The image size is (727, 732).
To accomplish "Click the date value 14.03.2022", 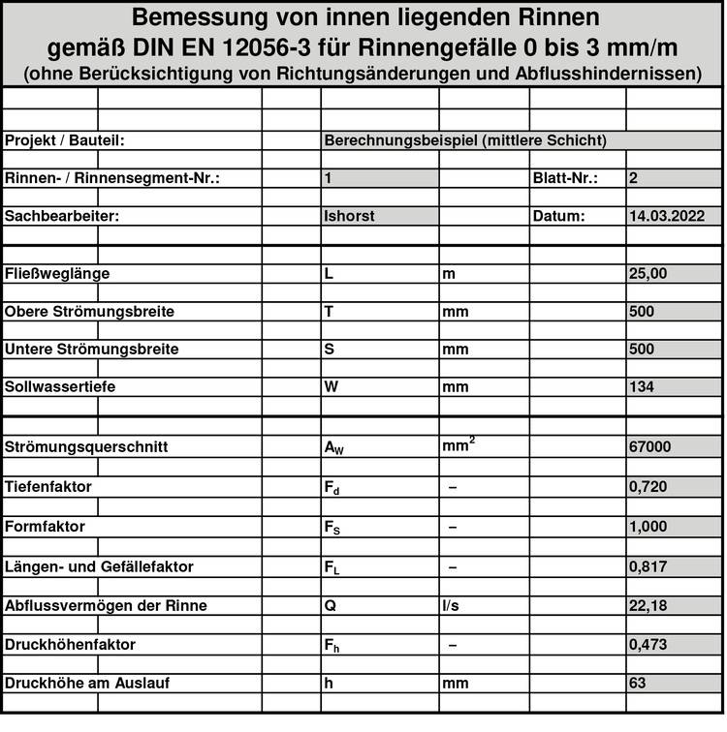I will tap(666, 216).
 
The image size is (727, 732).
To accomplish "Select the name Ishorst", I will tap(349, 216).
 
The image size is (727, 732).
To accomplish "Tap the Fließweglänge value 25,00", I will tap(648, 274).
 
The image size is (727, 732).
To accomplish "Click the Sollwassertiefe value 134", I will tap(642, 387).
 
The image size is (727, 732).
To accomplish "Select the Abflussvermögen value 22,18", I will tap(648, 606).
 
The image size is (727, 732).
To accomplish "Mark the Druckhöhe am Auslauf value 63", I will tap(638, 683).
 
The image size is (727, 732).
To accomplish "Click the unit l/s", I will tap(450, 606).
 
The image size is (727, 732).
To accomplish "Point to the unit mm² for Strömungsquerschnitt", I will tap(458, 445).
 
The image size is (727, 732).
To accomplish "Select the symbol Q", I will tap(330, 606).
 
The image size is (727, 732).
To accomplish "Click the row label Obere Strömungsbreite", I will tap(89, 313).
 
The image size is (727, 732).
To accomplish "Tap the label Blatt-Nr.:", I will tap(564, 178).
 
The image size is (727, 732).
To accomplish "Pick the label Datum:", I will tap(558, 216).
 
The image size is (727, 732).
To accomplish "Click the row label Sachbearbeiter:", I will tap(61, 216).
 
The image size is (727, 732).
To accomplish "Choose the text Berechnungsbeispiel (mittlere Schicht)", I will tap(465, 140).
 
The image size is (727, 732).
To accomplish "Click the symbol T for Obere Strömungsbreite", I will tap(329, 313).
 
